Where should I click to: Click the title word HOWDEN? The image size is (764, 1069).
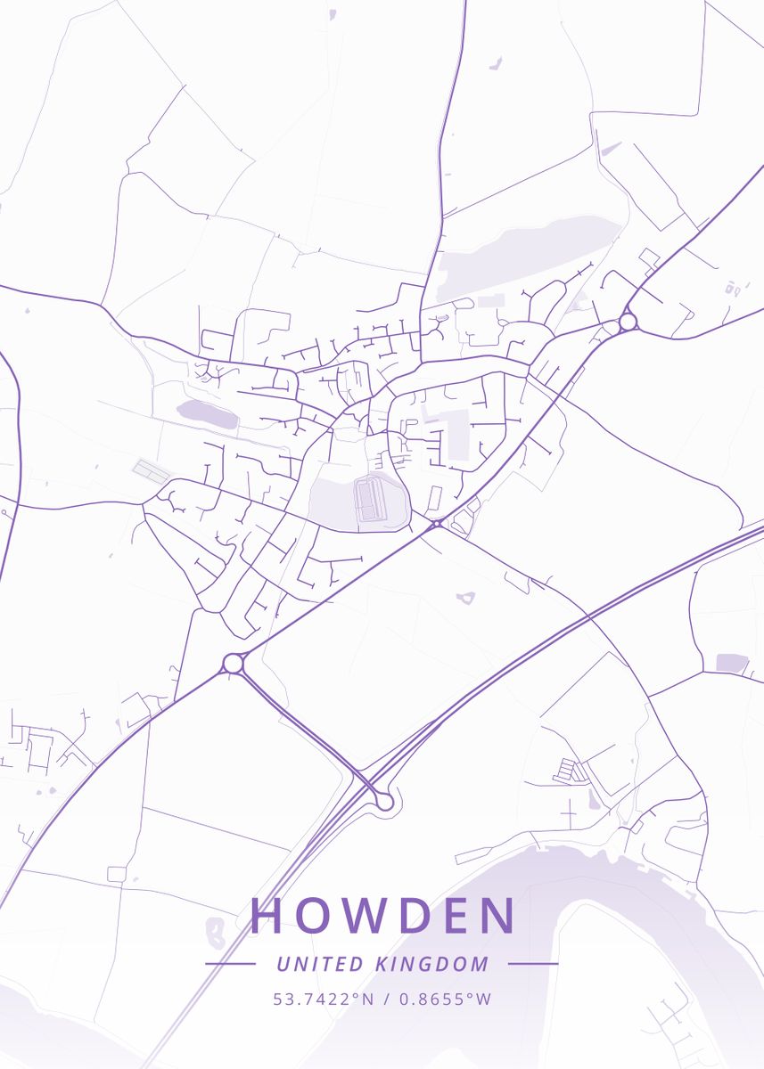pos(382,916)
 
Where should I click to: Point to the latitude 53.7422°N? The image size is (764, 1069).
pos(324,1000)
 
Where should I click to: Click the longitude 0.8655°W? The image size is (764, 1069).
pos(445,1000)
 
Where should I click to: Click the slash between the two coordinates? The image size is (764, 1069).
pos(386,1000)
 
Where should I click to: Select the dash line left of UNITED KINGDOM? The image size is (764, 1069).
pos(230,964)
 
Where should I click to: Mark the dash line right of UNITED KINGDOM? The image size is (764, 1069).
pos(533,964)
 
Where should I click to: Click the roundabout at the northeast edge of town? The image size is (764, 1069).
pos(628,321)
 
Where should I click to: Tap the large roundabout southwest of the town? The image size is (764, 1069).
pos(234,663)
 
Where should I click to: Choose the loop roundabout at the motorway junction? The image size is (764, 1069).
pos(384,802)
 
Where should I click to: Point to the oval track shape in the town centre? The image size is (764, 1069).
pos(370,500)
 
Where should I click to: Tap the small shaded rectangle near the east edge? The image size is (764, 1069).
pos(732,663)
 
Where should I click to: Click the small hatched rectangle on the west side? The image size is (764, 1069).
pos(151,469)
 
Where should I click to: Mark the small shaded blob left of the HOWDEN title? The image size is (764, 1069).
pos(215,932)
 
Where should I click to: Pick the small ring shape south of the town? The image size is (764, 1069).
pos(465,598)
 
